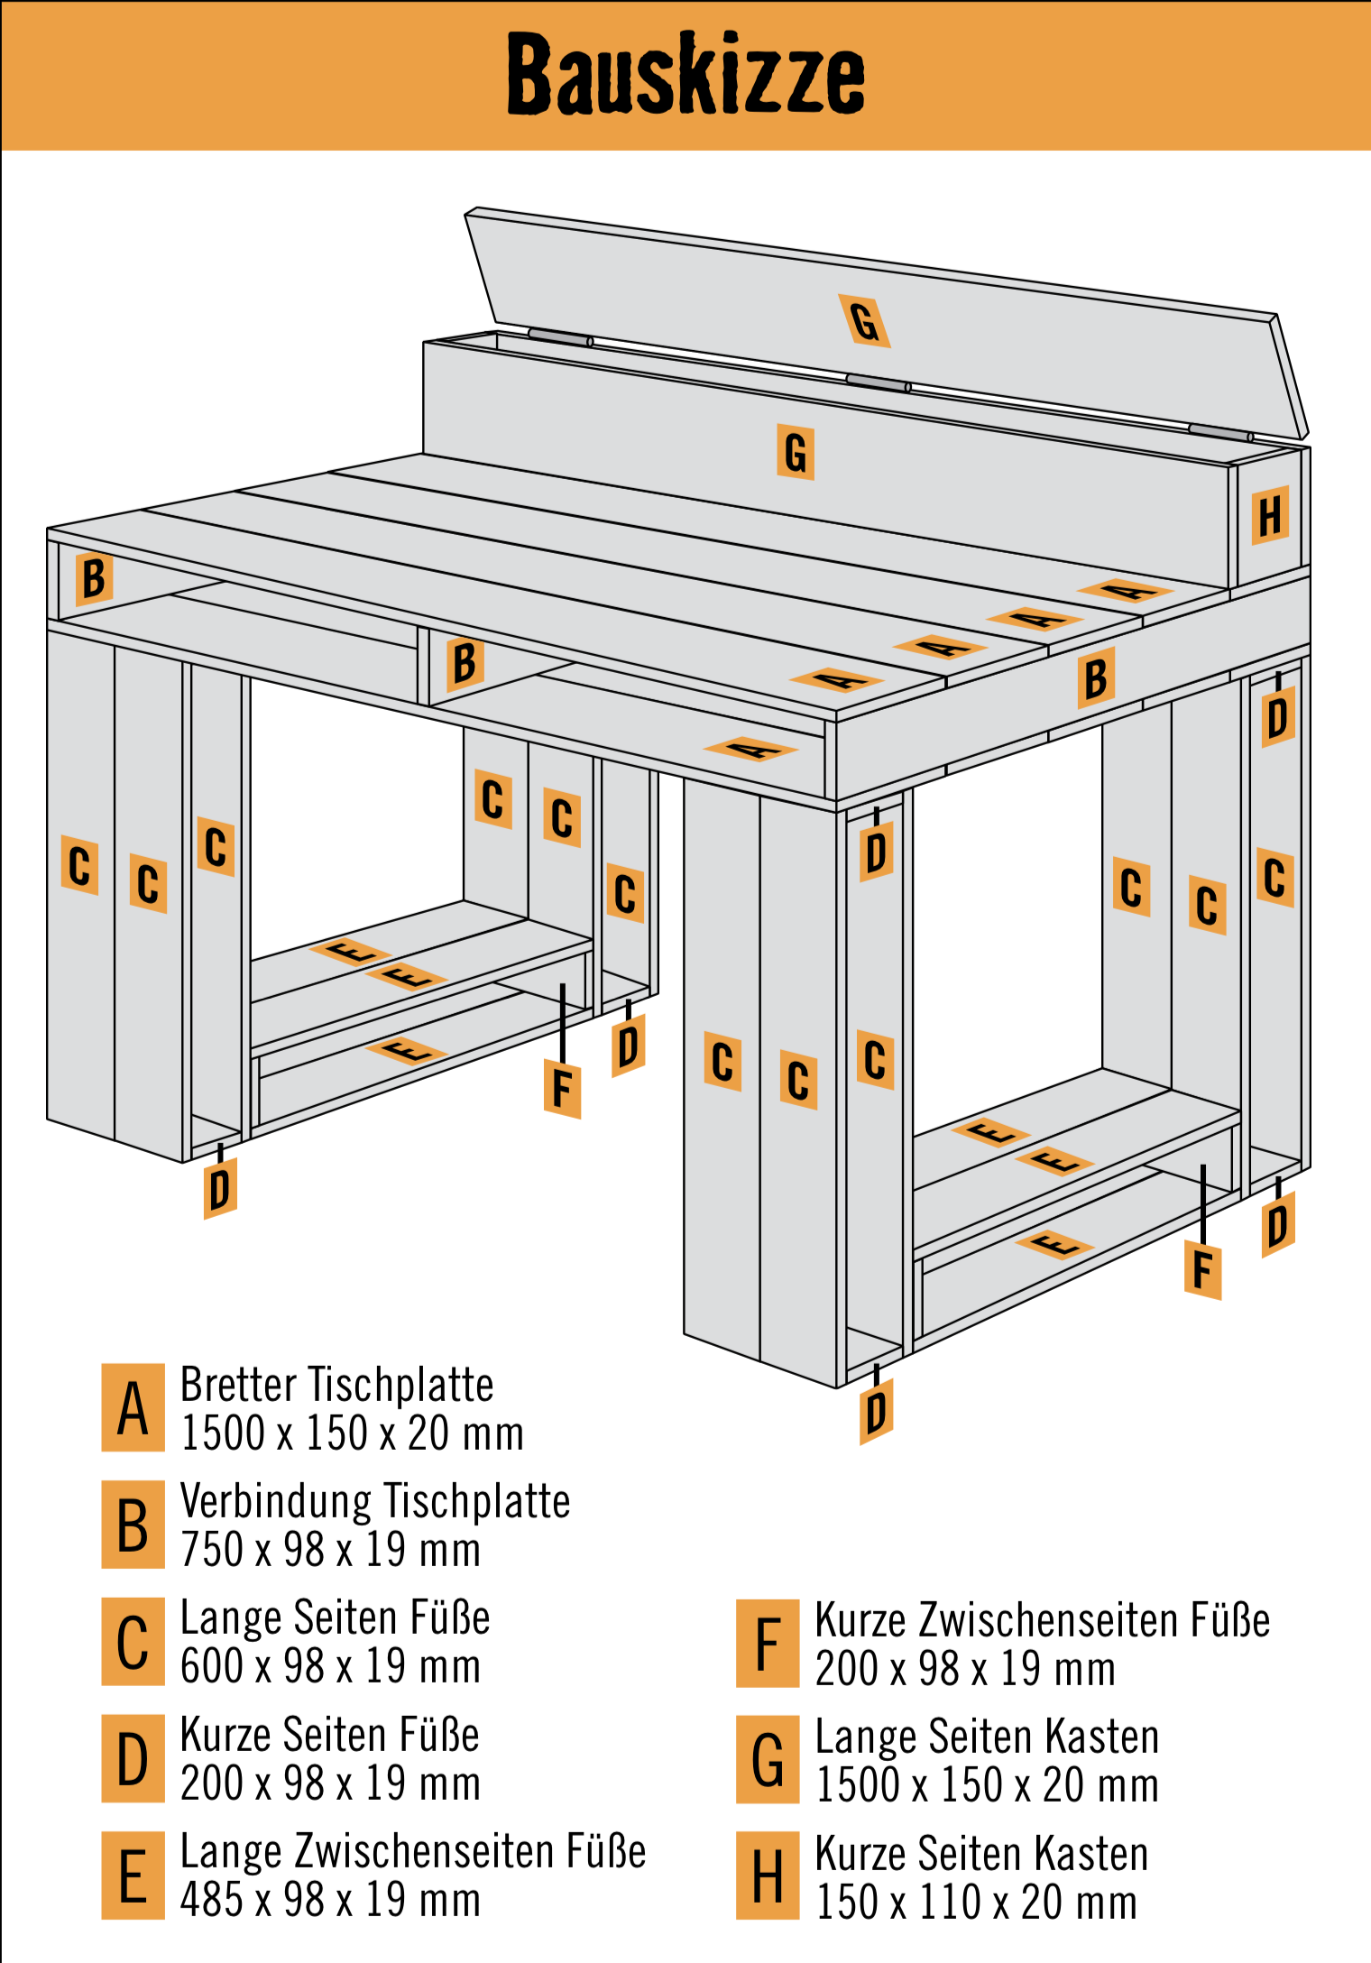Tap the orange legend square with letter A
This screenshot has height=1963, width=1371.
point(133,1407)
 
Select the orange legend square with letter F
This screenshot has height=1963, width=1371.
point(768,1644)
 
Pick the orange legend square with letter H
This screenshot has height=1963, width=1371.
point(768,1875)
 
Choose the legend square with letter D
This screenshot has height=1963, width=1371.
point(133,1758)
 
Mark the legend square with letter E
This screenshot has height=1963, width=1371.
point(133,1875)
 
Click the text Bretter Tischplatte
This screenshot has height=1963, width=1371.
point(336,1385)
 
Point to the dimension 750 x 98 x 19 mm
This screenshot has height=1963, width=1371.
point(330,1550)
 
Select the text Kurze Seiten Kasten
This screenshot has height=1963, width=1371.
point(981,1854)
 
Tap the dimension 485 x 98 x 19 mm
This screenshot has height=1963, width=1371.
point(330,1900)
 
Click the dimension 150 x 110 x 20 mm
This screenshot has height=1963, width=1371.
point(976,1902)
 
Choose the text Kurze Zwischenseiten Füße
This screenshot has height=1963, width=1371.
point(1042,1620)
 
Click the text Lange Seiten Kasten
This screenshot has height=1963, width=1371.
point(987,1737)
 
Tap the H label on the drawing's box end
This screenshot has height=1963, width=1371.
point(1270,516)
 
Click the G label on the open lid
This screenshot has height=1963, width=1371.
point(864,321)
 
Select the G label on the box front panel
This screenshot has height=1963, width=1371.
point(796,452)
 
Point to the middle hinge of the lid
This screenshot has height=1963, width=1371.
point(879,383)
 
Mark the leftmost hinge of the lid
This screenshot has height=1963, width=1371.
point(560,337)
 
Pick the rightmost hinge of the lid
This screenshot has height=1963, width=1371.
point(1220,432)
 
